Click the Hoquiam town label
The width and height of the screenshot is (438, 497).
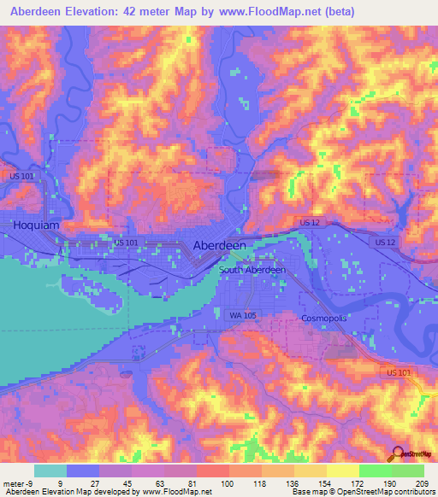(x=37, y=225)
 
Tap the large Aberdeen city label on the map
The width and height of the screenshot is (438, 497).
(x=220, y=245)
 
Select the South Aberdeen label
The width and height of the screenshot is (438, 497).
(x=252, y=270)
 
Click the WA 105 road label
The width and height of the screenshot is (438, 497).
(x=243, y=315)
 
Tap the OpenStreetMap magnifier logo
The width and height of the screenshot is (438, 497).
(x=397, y=454)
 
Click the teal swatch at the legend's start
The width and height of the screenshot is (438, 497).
(x=50, y=471)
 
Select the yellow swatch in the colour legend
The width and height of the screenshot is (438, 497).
(x=342, y=471)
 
